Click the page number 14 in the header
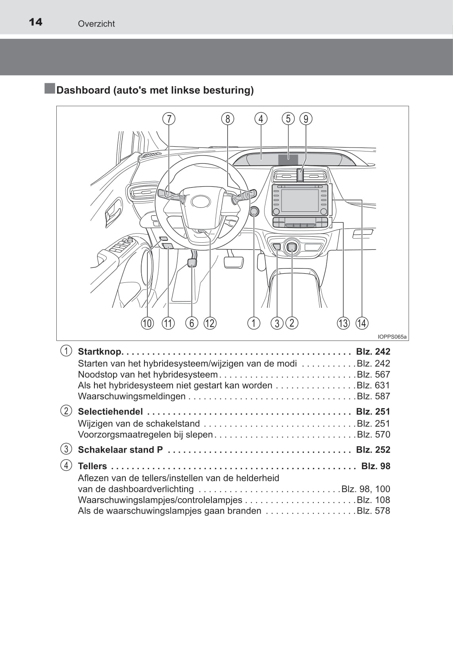click(x=36, y=22)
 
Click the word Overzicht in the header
click(x=96, y=24)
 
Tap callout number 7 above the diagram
click(x=169, y=119)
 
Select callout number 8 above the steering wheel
click(x=228, y=119)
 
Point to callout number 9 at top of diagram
click(x=306, y=119)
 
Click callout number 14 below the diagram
click(x=362, y=323)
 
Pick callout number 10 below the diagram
click(x=147, y=323)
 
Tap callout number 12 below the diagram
click(x=210, y=323)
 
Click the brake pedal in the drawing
click(x=234, y=262)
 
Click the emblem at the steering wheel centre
click(x=201, y=201)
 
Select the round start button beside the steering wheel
click(x=254, y=211)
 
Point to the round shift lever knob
click(x=292, y=248)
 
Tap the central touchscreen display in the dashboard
click(x=299, y=200)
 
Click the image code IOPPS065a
click(x=392, y=337)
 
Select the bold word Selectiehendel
click(x=110, y=412)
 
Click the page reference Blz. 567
click(x=373, y=374)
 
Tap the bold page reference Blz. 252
click(x=373, y=450)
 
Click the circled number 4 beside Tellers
click(x=66, y=465)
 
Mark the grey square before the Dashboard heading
click(x=50, y=88)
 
